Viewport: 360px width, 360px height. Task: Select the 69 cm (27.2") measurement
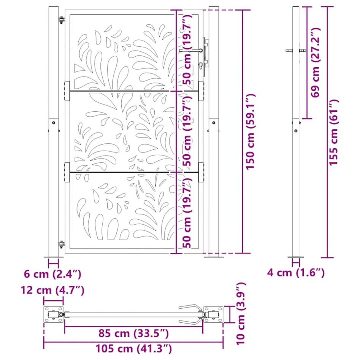[x=315, y=63]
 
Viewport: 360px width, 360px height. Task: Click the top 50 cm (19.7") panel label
[x=187, y=49]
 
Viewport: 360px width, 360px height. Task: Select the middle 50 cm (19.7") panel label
[x=187, y=131]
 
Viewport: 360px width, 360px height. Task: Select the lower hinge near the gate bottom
[x=61, y=244]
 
